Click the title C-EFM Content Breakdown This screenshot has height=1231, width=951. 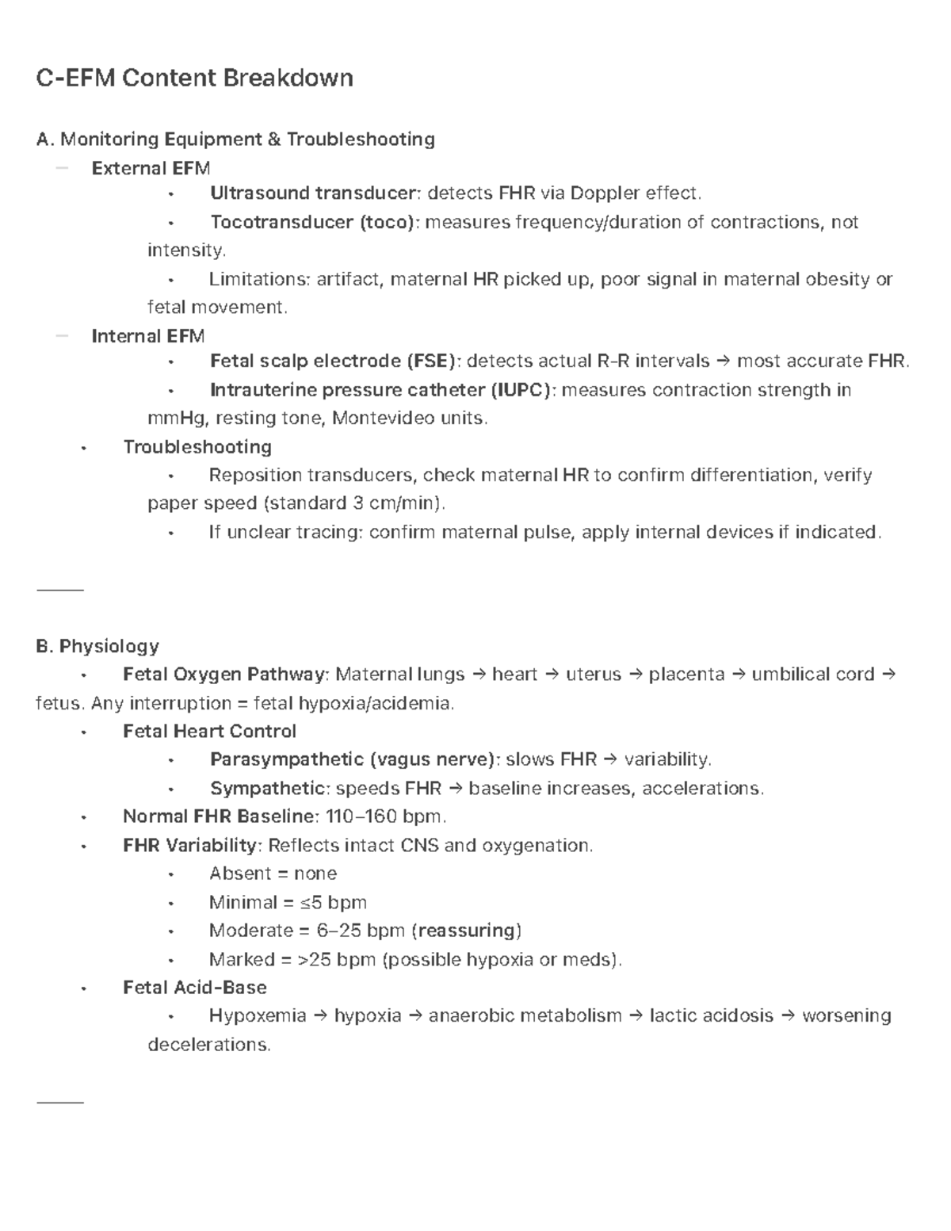pyautogui.click(x=195, y=78)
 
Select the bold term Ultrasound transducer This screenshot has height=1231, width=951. pyautogui.click(x=313, y=193)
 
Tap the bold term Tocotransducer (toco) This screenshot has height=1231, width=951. pyautogui.click(x=313, y=222)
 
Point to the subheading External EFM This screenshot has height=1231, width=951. pyautogui.click(x=151, y=168)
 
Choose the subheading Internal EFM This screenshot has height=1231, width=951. pyautogui.click(x=148, y=336)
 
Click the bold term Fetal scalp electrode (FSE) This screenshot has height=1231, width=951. pyautogui.click(x=334, y=361)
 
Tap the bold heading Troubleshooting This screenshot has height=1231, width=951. pyautogui.click(x=197, y=447)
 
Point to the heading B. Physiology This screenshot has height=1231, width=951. pyautogui.click(x=97, y=646)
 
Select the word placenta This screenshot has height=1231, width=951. pyautogui.click(x=686, y=675)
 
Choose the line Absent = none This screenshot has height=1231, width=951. pyautogui.click(x=273, y=874)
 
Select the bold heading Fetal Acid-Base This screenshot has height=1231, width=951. pyautogui.click(x=195, y=988)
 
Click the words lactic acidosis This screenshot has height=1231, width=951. pyautogui.click(x=711, y=1016)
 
